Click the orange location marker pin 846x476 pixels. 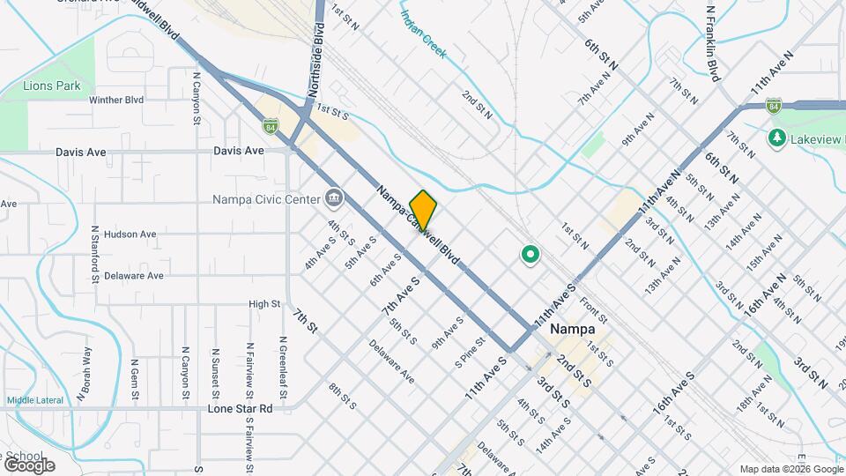423,210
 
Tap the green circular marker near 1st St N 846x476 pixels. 530,256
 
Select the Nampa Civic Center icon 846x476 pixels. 333,197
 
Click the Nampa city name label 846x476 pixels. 572,329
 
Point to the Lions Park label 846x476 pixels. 53,86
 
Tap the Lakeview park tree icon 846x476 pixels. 776,138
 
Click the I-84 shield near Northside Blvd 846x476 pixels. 269,125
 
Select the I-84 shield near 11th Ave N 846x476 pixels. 773,106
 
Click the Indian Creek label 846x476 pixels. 424,35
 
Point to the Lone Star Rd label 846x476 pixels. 240,409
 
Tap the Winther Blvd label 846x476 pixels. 116,100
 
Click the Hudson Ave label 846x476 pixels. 130,234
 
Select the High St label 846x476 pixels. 264,304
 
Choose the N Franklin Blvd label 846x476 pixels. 713,41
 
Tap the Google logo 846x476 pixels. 28,465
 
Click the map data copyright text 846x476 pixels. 790,469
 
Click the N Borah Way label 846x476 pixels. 85,373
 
